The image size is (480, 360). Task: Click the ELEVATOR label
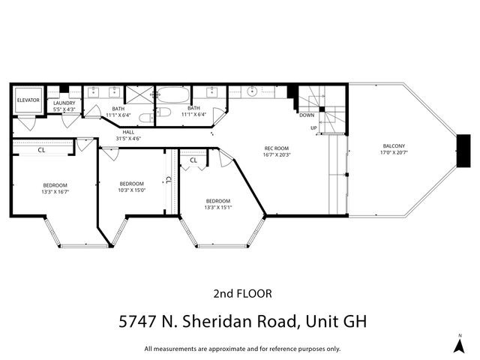tap(28, 100)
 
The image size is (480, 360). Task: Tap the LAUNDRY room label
tap(64, 103)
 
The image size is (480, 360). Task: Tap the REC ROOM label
tap(277, 148)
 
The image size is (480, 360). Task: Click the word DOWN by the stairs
tap(307, 115)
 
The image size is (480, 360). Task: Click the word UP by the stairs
tap(313, 128)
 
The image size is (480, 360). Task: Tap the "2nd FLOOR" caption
tap(242, 293)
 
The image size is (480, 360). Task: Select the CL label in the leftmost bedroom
tap(41, 149)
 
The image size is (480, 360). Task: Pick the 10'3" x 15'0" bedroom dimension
tap(131, 190)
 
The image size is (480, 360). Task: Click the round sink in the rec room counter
tap(253, 92)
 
